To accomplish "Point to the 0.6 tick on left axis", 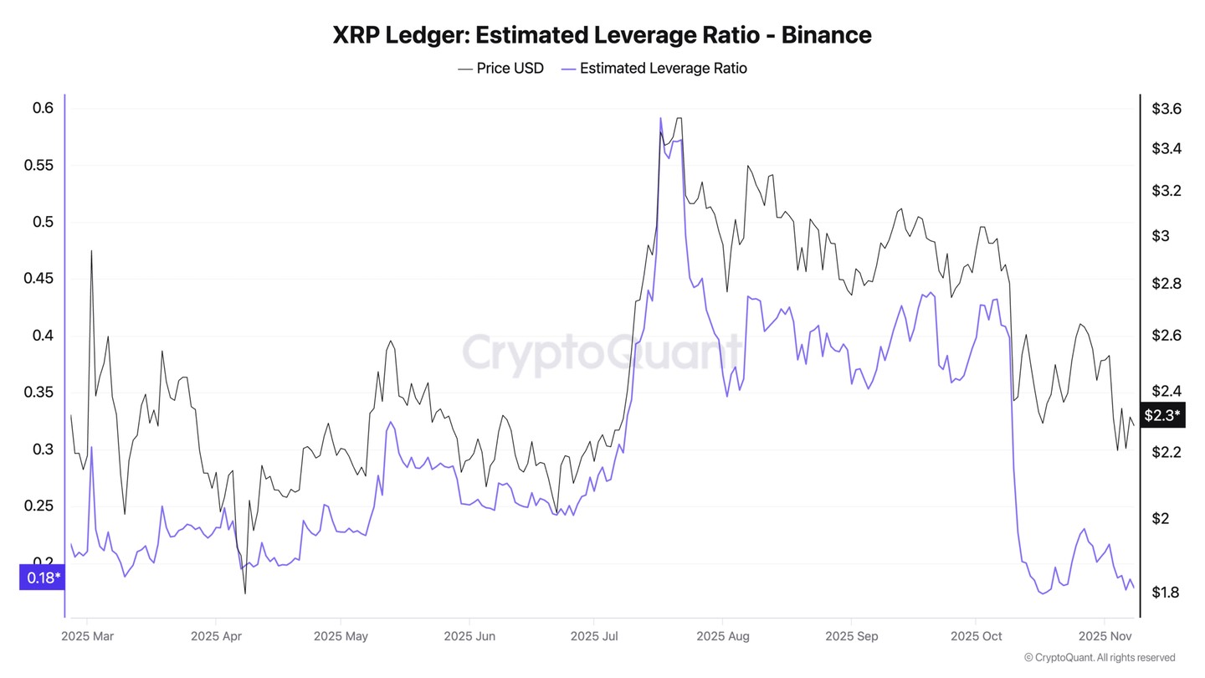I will [43, 108].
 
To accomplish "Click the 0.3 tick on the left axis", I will [43, 449].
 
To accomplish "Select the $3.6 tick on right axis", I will [1167, 109].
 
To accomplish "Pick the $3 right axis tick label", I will [1161, 236].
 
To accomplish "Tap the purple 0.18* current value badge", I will [43, 578].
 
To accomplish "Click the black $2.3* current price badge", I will [1162, 414].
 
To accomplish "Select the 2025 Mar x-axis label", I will [87, 636].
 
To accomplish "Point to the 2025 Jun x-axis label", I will [469, 636].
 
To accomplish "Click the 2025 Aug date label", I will [723, 636].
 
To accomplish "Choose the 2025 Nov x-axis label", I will [1105, 636].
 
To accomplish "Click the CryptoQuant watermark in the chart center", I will [602, 352].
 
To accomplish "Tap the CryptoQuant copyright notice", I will [1099, 658].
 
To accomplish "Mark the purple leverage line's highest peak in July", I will [660, 118].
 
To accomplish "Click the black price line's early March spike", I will [91, 250].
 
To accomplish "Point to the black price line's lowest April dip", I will [245, 593].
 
